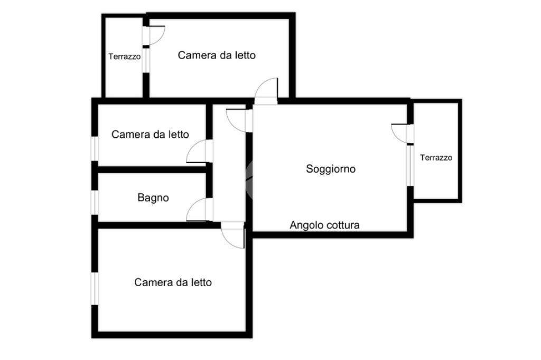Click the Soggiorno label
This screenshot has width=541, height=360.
(x=331, y=169)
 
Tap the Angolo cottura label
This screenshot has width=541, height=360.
(x=324, y=225)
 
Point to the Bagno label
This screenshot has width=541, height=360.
(x=153, y=198)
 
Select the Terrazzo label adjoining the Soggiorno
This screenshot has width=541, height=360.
(x=436, y=157)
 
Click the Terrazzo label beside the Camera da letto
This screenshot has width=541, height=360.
(x=125, y=56)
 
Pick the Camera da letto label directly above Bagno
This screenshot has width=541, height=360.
(x=150, y=135)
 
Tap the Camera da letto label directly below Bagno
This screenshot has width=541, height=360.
(x=173, y=282)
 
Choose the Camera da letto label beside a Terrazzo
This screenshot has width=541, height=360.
(x=217, y=55)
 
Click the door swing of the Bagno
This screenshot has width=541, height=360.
(x=198, y=210)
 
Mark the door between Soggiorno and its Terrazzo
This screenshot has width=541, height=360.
(x=400, y=132)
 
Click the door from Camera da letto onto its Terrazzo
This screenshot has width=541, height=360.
(x=154, y=35)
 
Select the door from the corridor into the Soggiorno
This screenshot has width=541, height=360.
(x=236, y=119)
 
